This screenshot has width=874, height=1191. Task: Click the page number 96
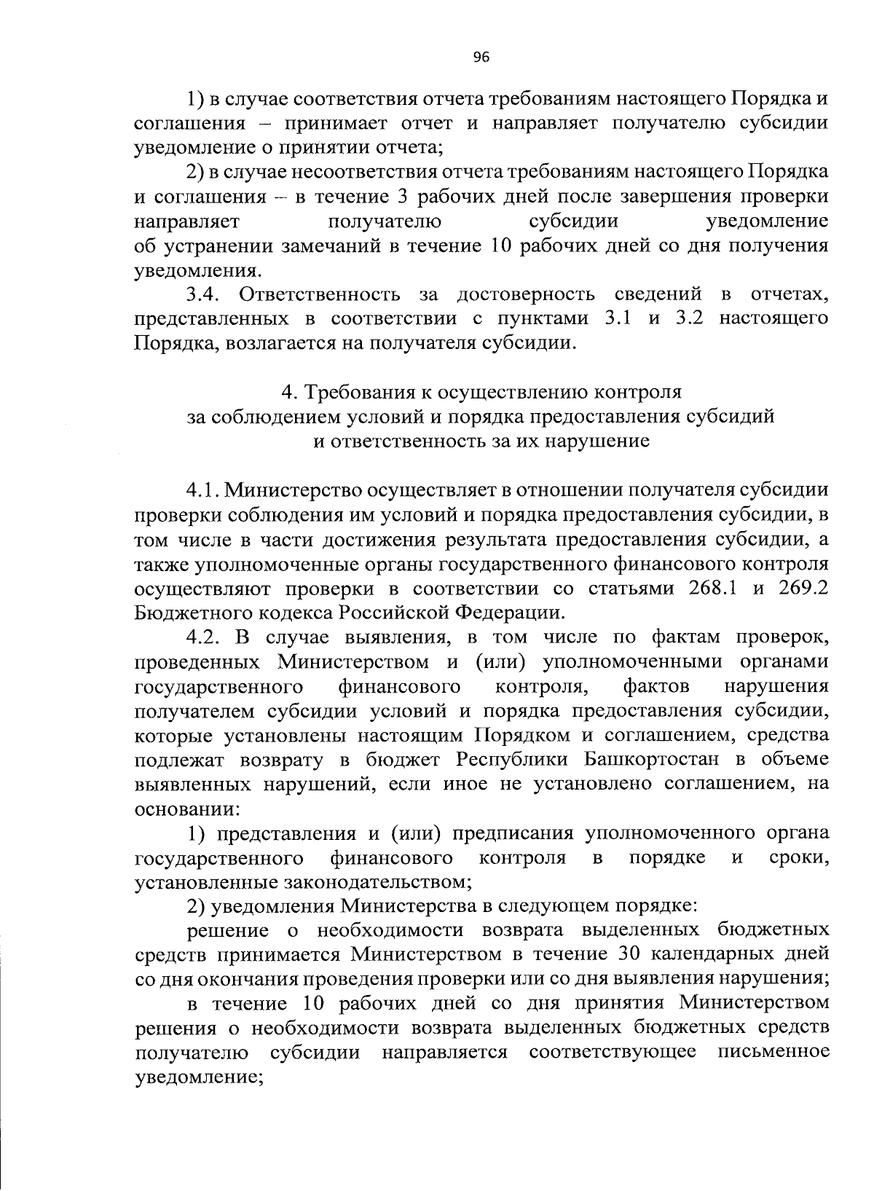click(x=481, y=59)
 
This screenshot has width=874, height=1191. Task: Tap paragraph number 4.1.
click(x=203, y=490)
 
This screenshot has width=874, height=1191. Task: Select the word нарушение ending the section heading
click(x=602, y=441)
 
